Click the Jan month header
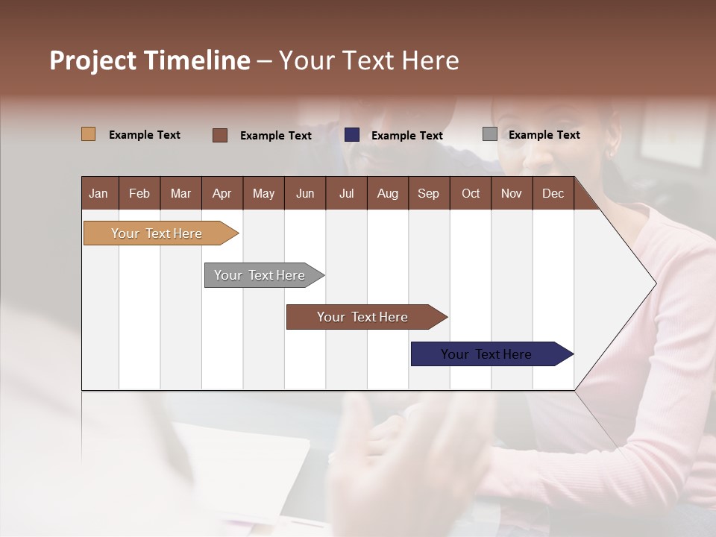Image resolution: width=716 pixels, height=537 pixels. [x=99, y=193]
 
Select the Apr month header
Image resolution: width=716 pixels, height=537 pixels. [x=222, y=193]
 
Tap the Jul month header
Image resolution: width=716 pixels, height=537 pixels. [x=347, y=193]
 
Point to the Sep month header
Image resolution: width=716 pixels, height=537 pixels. [x=428, y=193]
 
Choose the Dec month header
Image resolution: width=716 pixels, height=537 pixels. [x=553, y=193]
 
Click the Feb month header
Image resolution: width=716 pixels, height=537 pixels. [x=139, y=193]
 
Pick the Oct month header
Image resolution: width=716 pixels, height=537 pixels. [x=471, y=193]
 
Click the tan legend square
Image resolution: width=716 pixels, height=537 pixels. [x=88, y=134]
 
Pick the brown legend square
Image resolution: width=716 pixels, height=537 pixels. [x=220, y=135]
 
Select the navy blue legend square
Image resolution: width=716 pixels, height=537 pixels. [x=352, y=135]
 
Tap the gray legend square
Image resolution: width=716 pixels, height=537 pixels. [x=490, y=134]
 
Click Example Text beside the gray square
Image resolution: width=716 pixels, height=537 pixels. [x=544, y=135]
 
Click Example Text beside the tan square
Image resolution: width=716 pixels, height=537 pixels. [x=145, y=135]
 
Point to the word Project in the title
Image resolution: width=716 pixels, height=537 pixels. [x=92, y=60]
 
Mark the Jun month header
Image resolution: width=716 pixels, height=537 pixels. [x=305, y=193]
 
